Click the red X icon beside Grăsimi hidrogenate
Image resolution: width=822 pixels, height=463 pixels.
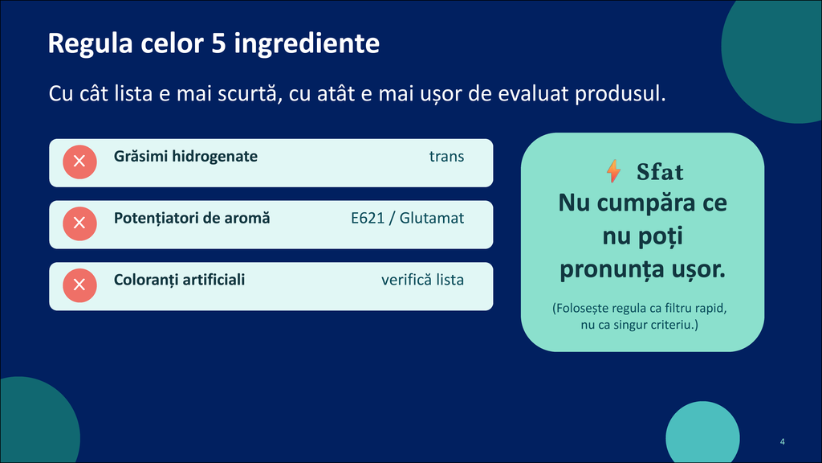coord(79,162)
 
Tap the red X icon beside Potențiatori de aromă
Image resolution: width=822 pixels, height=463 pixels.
coord(79,223)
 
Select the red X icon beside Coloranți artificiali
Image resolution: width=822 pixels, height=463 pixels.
coord(79,285)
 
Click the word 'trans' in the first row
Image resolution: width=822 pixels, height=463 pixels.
coord(446,157)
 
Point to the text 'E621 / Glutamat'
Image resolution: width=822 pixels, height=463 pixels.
coord(407,218)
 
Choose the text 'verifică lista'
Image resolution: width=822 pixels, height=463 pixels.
coord(422,280)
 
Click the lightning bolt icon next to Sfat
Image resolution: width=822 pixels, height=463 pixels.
coord(613,171)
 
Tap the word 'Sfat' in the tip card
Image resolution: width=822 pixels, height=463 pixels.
coord(660,172)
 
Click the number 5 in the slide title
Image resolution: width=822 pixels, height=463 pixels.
coord(218,43)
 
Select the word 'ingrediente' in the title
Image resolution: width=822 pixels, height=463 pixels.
coord(307,44)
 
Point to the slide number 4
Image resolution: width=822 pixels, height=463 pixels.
coord(782,441)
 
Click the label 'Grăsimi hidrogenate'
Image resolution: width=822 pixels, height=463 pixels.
coord(185,157)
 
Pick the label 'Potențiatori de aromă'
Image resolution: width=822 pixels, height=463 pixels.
coord(192,219)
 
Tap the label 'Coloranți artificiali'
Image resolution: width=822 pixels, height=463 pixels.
coord(179,280)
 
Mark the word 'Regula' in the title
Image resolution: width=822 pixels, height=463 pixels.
coord(90,44)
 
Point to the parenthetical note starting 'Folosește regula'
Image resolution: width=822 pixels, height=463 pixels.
coord(640,316)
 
